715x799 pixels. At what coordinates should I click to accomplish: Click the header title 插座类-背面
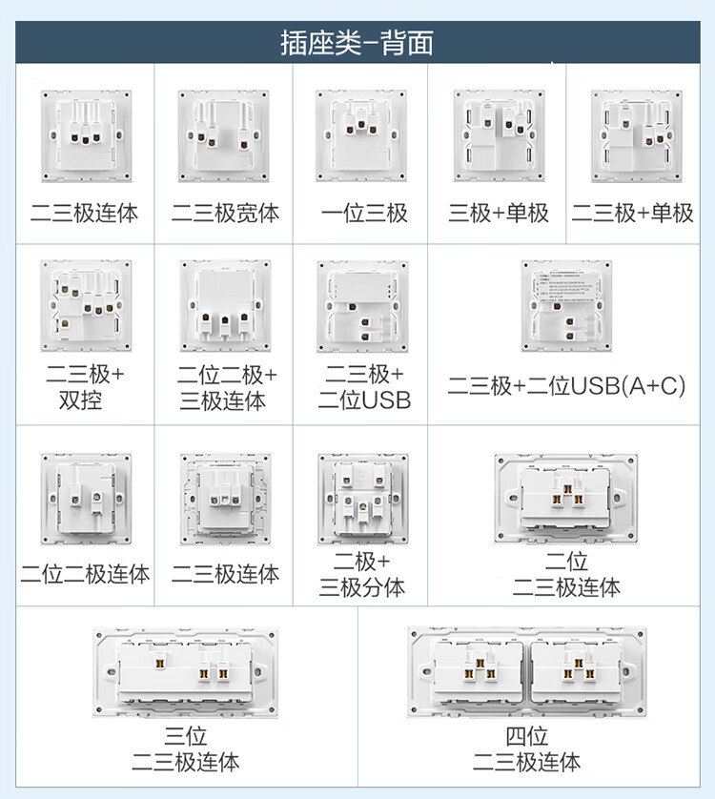tap(357, 43)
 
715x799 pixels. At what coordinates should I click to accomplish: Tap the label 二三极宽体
tap(225, 213)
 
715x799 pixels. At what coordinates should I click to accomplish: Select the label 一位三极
tap(364, 213)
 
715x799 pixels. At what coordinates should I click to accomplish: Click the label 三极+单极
tap(499, 213)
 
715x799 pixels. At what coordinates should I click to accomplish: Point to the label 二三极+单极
tap(632, 213)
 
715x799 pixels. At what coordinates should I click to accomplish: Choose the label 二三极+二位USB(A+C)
tap(567, 385)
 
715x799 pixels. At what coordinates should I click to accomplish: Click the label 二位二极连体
tap(85, 574)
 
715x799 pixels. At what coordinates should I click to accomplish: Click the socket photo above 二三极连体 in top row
tap(85, 136)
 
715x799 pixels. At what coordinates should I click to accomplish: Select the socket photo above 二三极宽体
tap(223, 136)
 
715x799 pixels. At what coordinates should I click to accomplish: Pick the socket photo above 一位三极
tap(361, 136)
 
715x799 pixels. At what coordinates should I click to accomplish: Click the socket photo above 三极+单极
tap(498, 136)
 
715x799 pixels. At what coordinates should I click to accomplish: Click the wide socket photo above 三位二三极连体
tap(187, 673)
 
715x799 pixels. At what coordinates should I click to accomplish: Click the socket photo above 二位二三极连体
tap(566, 498)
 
